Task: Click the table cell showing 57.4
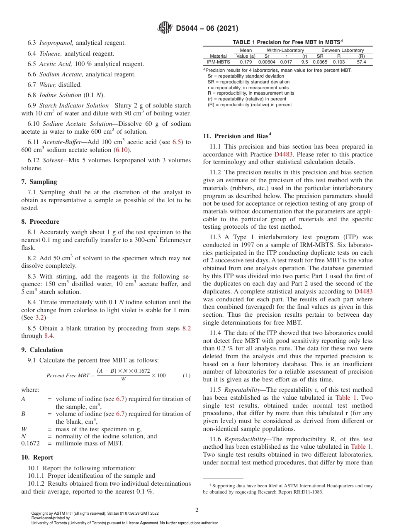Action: click(x=361, y=61)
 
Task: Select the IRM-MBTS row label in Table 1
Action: click(x=218, y=61)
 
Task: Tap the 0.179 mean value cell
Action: click(x=246, y=61)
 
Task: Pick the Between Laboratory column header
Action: click(x=342, y=50)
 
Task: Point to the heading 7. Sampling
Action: click(x=39, y=182)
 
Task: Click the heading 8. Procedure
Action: click(x=40, y=222)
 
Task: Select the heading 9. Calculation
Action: click(x=42, y=350)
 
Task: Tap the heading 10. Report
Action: click(x=37, y=457)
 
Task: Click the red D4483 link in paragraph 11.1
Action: click(x=282, y=154)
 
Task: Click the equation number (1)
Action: click(x=186, y=375)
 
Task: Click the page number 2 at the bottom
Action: click(x=197, y=510)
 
